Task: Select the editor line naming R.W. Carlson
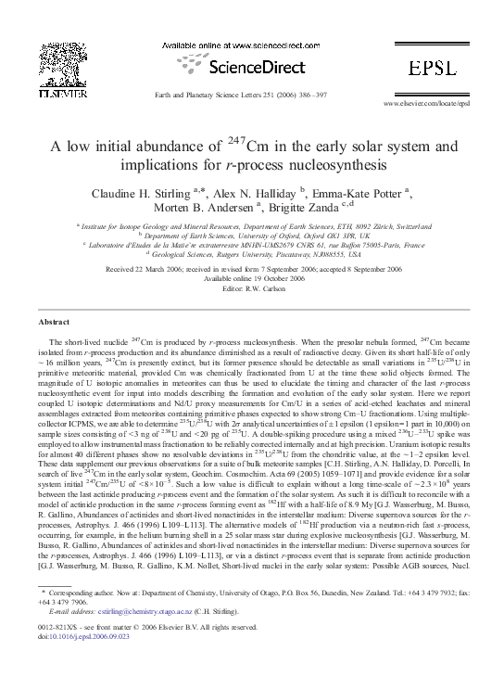coord(252,287)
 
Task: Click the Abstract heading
coord(53,321)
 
